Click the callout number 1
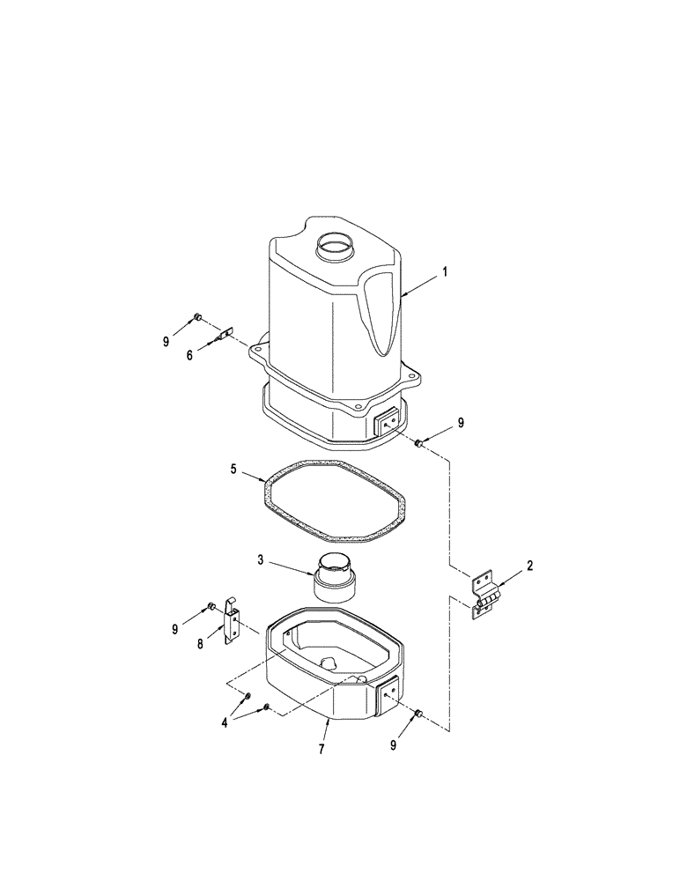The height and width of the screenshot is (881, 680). (446, 273)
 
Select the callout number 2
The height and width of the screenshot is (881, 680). (528, 566)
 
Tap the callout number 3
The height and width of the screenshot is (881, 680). (260, 559)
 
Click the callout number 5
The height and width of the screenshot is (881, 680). (234, 469)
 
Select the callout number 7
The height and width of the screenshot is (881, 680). (322, 749)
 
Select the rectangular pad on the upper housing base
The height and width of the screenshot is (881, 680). (388, 424)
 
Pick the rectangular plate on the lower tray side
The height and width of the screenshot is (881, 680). (388, 693)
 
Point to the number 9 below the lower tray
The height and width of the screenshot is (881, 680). (393, 744)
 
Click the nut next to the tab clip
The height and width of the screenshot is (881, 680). (198, 317)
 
